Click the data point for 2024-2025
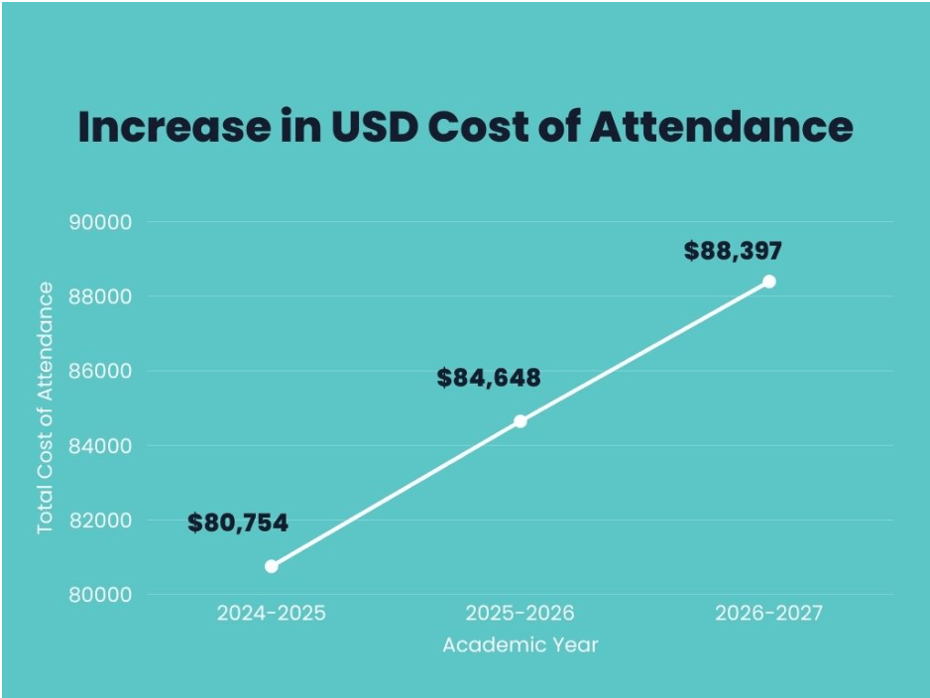[272, 566]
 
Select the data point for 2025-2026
[521, 421]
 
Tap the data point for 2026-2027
[768, 282]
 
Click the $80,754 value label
[238, 523]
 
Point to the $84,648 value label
[489, 378]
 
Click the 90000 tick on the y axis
[100, 222]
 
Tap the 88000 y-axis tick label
[100, 296]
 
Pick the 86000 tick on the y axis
[100, 371]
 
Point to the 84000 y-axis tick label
[100, 445]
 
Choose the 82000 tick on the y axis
[100, 521]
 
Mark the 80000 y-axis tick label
[100, 595]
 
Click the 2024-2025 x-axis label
[272, 614]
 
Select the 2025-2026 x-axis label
[521, 614]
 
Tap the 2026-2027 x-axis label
[768, 614]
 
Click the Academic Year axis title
[521, 645]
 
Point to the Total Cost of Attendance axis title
[46, 407]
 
